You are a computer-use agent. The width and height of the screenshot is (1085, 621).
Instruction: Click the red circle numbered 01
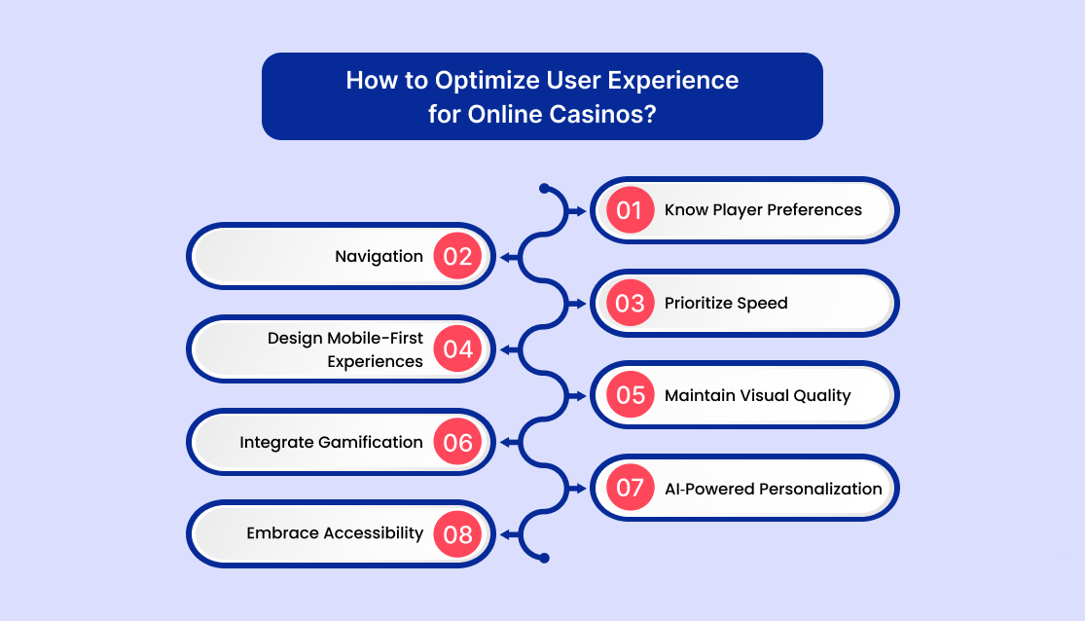pos(630,210)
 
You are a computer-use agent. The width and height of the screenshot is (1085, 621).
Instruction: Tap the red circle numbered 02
pos(457,256)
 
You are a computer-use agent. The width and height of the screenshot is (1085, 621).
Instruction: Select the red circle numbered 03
pos(630,303)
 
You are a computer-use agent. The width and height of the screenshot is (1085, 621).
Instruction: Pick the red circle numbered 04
pos(457,348)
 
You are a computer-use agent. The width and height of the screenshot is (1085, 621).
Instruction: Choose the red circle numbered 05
pos(630,394)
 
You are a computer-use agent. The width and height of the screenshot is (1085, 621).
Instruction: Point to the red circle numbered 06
pos(457,442)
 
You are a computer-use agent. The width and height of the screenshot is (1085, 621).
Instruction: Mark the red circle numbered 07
pos(630,488)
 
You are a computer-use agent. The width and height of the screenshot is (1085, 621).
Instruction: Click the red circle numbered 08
pos(457,533)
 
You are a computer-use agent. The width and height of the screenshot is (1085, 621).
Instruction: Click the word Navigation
pos(379,257)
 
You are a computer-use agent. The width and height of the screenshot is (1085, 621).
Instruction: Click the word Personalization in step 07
pos(820,489)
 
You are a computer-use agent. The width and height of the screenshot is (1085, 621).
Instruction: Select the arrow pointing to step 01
pos(576,211)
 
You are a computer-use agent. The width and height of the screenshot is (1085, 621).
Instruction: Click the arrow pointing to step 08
pos(510,534)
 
